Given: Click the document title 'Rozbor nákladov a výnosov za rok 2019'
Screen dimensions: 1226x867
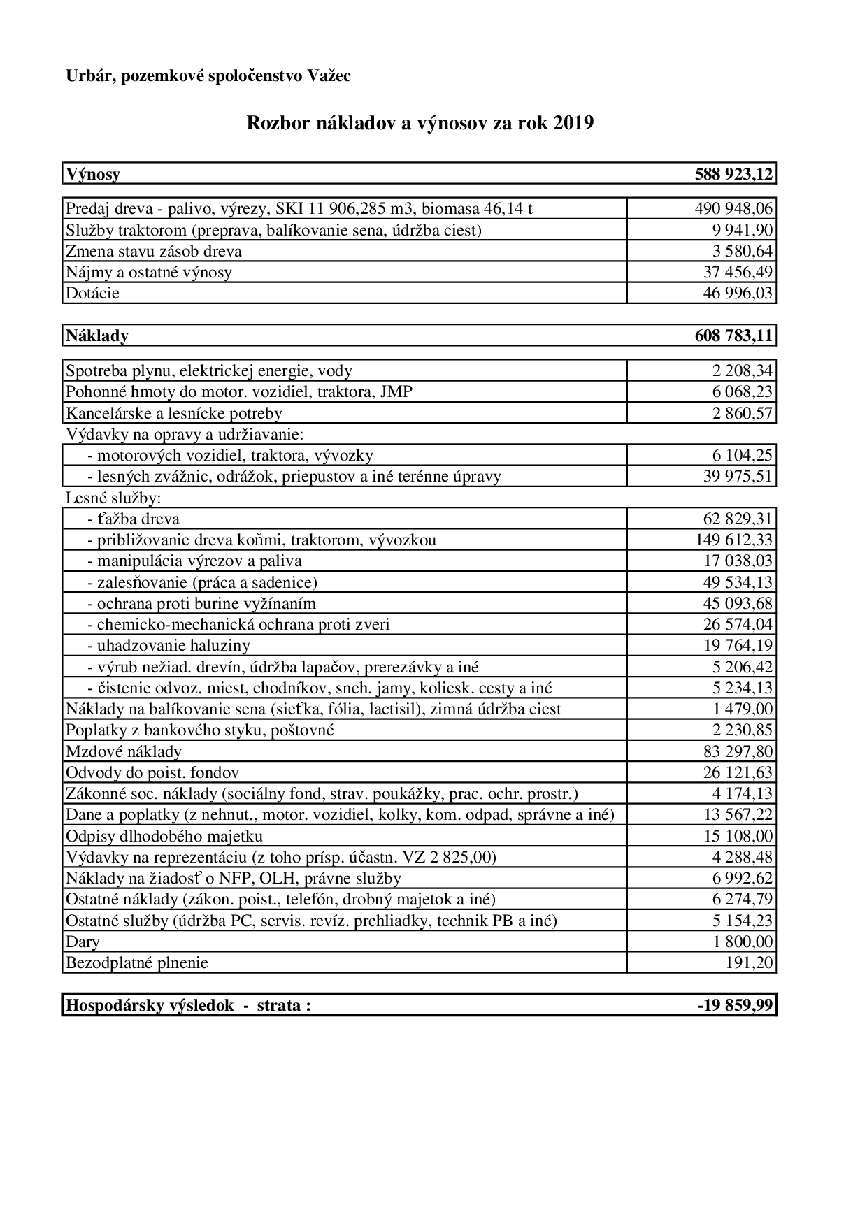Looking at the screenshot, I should coord(420,124).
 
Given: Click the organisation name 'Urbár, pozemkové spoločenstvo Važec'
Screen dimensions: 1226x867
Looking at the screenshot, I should coord(208,75).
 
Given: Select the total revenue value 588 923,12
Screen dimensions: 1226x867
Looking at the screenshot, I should coord(734,174).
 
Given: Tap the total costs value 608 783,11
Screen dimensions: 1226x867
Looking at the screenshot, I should coord(734,336).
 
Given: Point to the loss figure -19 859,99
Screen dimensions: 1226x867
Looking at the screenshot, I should coord(735,1005).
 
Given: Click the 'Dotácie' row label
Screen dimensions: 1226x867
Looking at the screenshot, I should coord(92,293).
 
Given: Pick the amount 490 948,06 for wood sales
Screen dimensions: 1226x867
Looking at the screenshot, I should coord(733,208).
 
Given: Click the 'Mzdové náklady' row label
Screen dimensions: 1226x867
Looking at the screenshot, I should coord(124,751).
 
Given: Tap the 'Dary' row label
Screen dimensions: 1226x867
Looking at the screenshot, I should coord(83,942).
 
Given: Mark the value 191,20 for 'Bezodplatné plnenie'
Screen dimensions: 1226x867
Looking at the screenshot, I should coord(750,962).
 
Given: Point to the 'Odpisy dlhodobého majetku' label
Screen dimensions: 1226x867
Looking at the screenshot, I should coord(164,836).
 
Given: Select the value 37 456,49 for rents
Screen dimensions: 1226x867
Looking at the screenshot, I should coord(738,272).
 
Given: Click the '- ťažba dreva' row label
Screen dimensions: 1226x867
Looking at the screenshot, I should coord(134,519).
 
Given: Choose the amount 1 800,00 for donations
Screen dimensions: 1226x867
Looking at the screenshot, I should coord(743,942).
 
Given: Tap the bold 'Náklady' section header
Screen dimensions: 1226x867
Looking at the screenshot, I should coord(97,336).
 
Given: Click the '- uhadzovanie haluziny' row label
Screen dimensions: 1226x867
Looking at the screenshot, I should coord(169,645).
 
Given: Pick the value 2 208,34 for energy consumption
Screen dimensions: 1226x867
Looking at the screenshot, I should coord(743,370).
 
